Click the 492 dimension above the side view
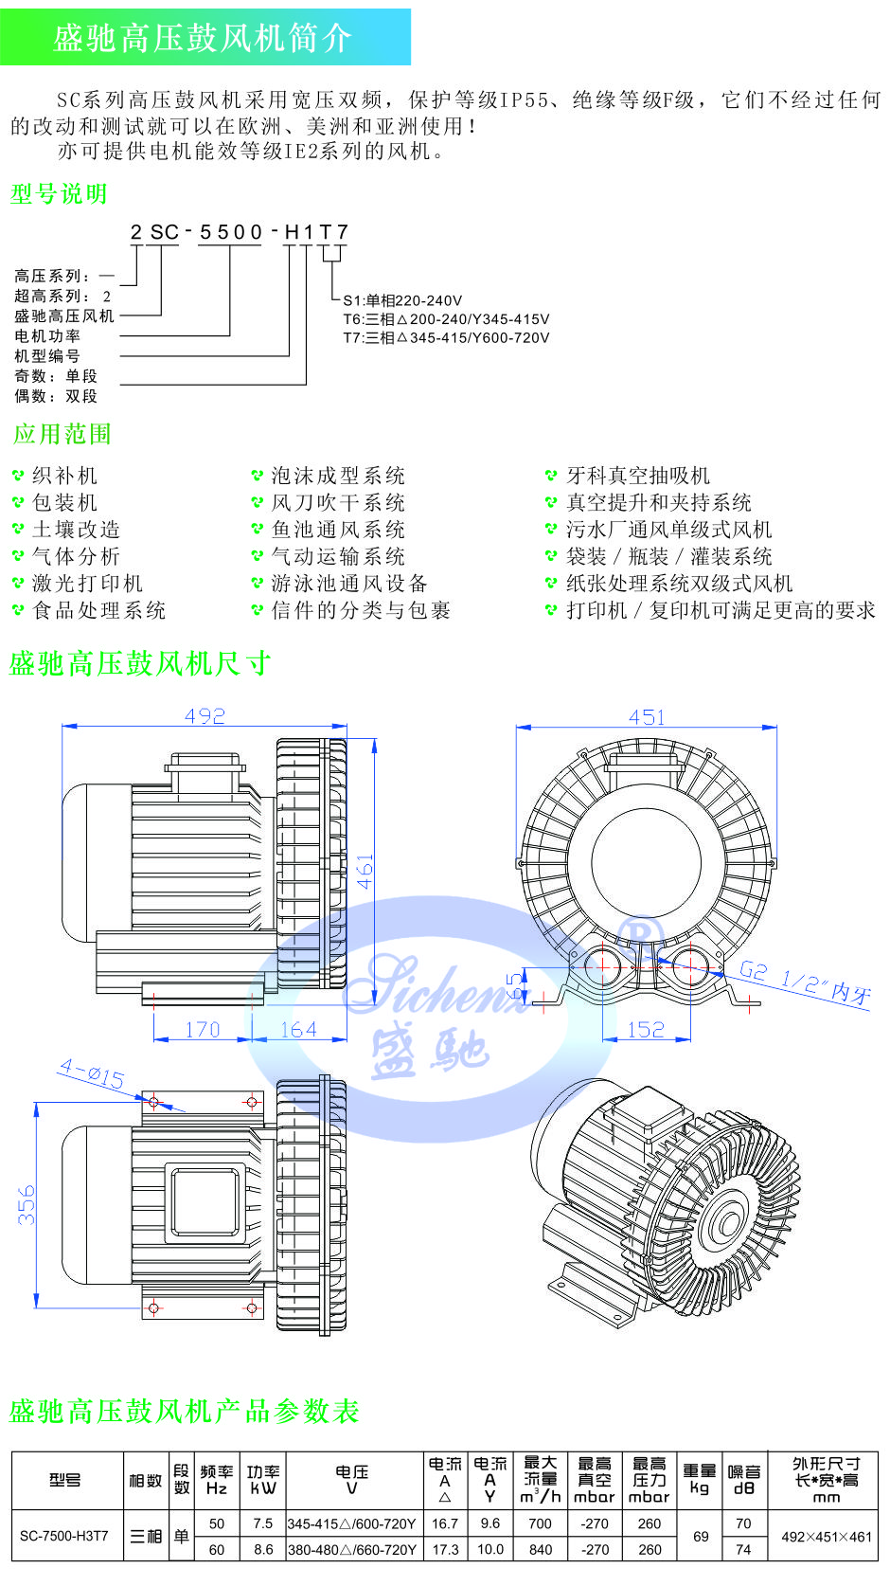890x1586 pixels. coord(205,716)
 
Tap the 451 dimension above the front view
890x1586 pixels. coord(647,717)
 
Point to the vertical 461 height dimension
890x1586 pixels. coord(365,872)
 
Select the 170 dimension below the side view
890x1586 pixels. coord(203,1030)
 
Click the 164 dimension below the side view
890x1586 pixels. coord(298,1030)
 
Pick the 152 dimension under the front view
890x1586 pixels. coord(646,1030)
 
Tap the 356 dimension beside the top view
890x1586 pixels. coord(27,1204)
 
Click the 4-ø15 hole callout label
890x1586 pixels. coord(92,1073)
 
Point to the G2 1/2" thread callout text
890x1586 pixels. coord(805,982)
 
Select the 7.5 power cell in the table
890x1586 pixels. coord(263,1523)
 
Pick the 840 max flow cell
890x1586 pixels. coord(541,1549)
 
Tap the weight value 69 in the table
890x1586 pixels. coord(701,1537)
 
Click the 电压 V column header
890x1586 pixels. coord(351,1480)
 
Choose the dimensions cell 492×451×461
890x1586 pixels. coord(827,1537)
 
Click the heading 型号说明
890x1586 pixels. coord(59,193)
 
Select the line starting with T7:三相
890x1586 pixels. coord(446,337)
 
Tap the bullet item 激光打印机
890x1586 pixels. coord(88,584)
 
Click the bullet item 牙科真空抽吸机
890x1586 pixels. coord(637,476)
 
